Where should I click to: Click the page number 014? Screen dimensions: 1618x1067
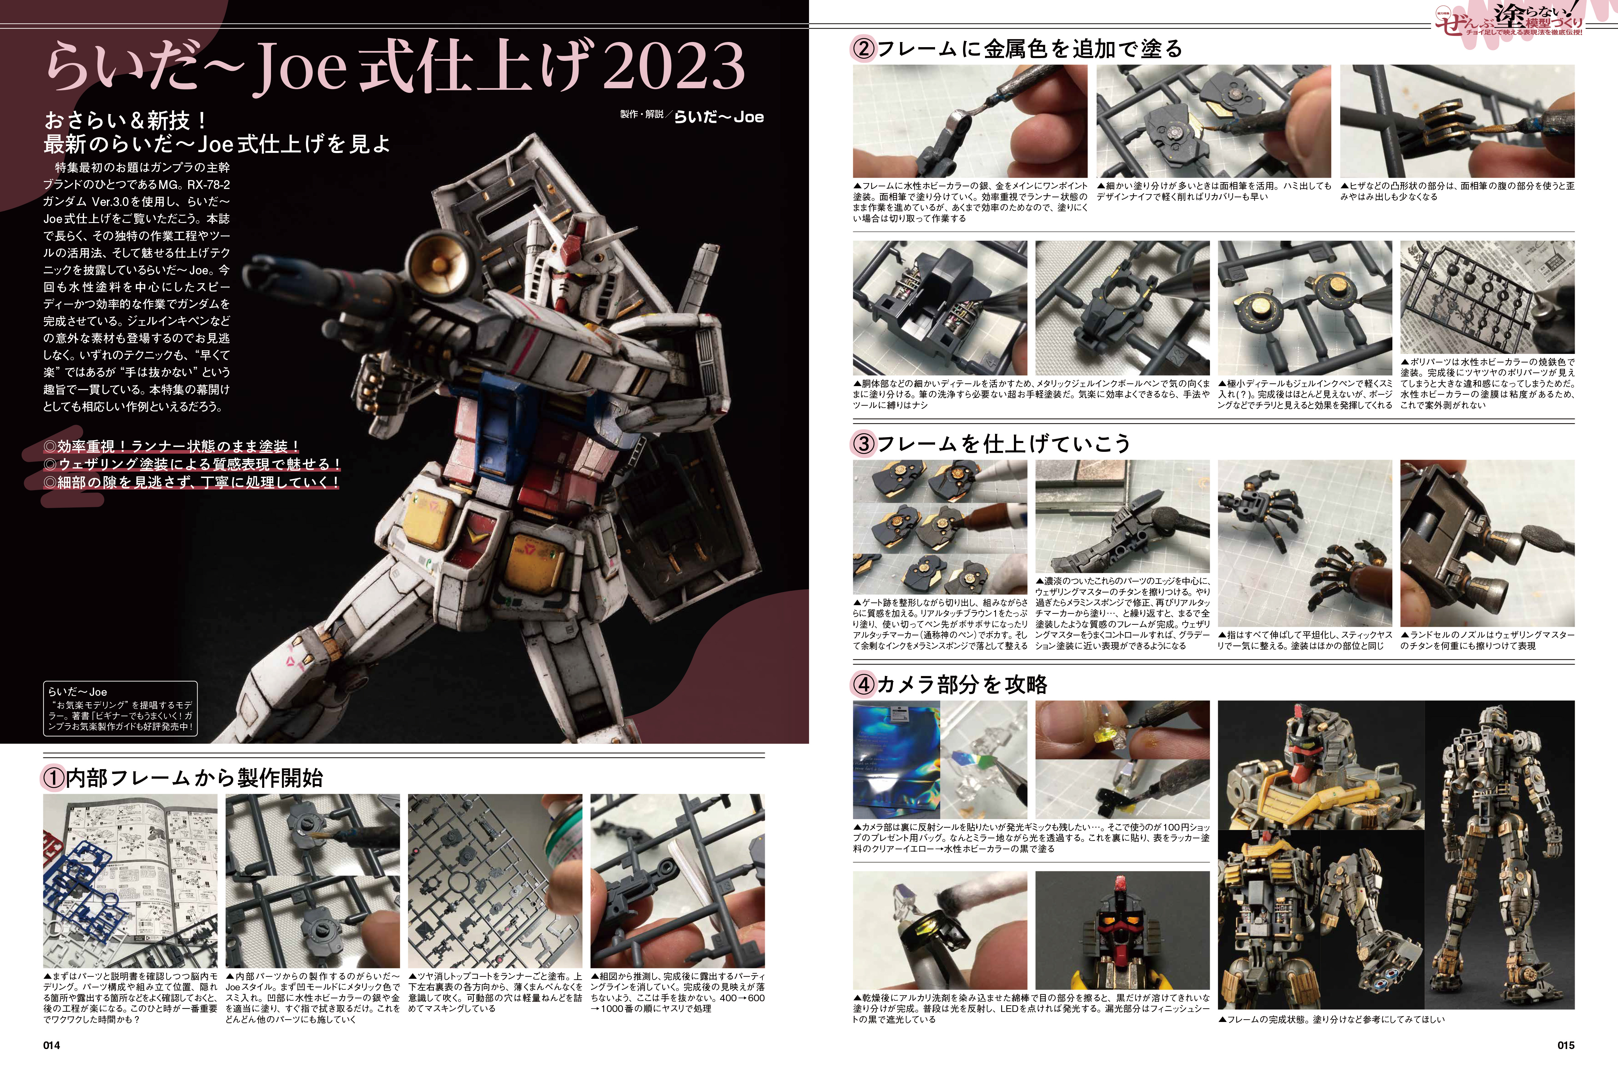point(52,1045)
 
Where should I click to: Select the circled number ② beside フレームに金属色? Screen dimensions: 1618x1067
point(864,49)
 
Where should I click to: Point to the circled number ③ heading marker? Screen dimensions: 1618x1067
point(864,444)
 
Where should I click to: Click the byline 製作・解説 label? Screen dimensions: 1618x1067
point(642,114)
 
